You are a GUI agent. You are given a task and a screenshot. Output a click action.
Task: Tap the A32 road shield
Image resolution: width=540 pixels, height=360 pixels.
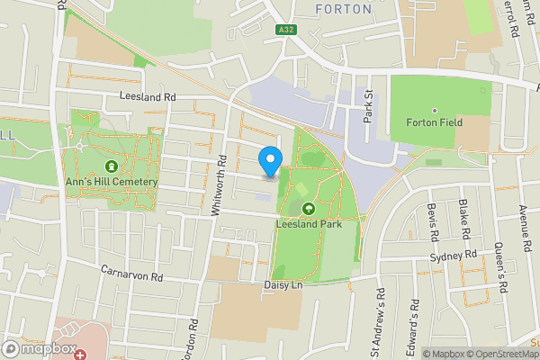(x=286, y=30)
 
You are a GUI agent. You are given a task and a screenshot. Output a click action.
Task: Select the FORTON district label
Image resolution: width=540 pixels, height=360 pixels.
(x=344, y=9)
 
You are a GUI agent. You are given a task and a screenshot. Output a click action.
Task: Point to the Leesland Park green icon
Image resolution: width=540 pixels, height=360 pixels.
(x=309, y=209)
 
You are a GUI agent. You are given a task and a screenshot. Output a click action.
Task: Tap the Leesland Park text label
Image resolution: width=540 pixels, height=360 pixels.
(x=309, y=225)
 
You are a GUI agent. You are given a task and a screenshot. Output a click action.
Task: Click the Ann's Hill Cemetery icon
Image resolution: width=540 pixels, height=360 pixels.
(x=111, y=166)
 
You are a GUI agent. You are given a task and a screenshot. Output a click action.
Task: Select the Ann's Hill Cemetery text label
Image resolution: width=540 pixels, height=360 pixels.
(x=111, y=182)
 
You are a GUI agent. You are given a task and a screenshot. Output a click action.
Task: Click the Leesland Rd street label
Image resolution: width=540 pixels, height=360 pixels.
(x=148, y=96)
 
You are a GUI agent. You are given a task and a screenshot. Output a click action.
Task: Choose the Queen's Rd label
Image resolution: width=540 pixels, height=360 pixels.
(x=502, y=268)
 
